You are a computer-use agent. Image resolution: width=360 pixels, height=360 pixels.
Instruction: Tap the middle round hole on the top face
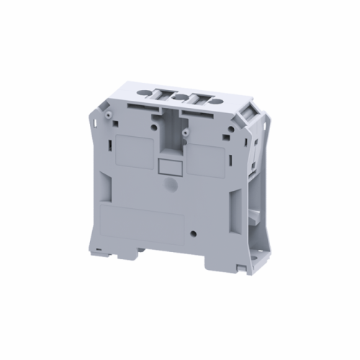[181, 94]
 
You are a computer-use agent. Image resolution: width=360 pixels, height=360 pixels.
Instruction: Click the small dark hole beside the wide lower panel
[195, 233]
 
